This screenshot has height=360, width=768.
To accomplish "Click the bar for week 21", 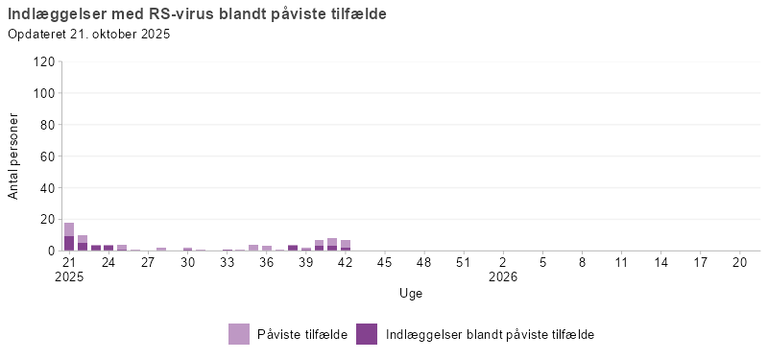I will pos(69,237).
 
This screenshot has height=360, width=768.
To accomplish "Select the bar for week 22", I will pos(83,243).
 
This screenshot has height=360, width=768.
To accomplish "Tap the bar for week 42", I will pos(346,245).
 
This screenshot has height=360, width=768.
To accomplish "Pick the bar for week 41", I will pos(332,244).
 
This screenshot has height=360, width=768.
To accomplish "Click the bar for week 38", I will pos(293,248).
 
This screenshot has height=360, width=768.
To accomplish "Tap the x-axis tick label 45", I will pos(384,261).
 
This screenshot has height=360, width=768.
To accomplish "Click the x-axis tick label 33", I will pos(227,261).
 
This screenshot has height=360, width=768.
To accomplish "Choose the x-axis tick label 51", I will pos(463,261).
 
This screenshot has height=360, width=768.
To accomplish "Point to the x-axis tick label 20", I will pos(739,261).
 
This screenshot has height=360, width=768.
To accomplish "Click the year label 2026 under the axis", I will pos(503,276).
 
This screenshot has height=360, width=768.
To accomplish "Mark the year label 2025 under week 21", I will pos(69,276).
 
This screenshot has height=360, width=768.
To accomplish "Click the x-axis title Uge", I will pos(411,293).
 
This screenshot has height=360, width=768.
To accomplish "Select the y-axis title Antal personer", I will pos(13,156).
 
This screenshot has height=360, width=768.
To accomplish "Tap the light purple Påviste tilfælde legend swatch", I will pos(239,334).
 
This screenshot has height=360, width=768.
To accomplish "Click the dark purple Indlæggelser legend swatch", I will pos(367,334).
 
